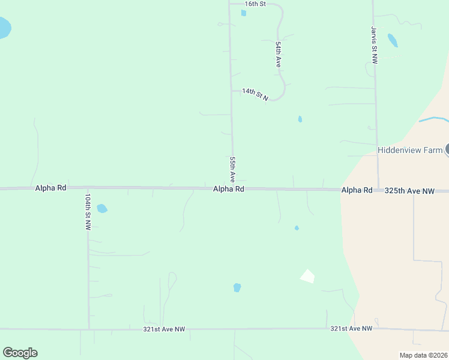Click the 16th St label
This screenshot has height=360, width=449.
(x=255, y=4)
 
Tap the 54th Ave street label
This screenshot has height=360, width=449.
(x=279, y=53)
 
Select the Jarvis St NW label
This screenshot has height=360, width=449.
(x=374, y=44)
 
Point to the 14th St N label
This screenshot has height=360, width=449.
(x=255, y=94)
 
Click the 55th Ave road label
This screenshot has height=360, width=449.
(x=232, y=169)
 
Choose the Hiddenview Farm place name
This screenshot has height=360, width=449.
(x=409, y=150)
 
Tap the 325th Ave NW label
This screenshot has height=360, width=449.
(x=409, y=190)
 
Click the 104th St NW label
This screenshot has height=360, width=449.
(x=88, y=212)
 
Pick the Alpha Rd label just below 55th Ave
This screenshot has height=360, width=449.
(x=229, y=189)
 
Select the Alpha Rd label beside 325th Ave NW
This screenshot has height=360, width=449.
(x=357, y=190)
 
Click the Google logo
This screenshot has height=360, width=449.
(x=20, y=353)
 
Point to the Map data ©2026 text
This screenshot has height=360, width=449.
(x=423, y=355)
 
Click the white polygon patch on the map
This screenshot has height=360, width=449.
(x=307, y=276)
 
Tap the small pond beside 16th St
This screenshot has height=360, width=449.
(x=243, y=13)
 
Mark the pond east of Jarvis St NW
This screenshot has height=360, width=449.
(x=393, y=40)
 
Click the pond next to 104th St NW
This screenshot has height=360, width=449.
(x=102, y=209)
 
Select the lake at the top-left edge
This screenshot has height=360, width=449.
(x=4, y=28)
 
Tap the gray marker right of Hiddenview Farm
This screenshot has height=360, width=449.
(x=447, y=150)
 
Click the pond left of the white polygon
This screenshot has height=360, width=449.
(x=237, y=287)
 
